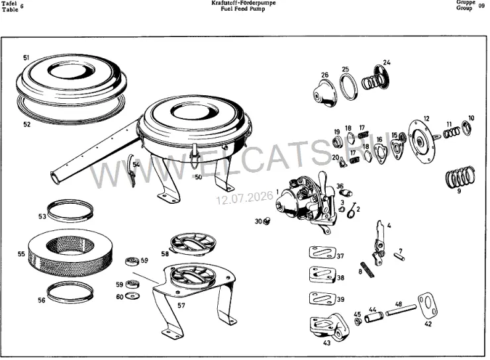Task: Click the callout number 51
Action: (26, 58)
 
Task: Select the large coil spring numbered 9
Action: (460, 177)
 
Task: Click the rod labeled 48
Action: (401, 310)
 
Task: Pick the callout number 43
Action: (326, 343)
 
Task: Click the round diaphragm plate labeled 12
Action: (423, 142)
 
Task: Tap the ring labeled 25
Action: (348, 87)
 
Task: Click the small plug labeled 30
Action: (267, 222)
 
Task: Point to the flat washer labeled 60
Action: (132, 296)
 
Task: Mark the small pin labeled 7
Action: (400, 256)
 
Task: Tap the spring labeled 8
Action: (367, 269)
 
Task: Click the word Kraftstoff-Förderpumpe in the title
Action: (244, 3)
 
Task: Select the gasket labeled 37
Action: (323, 253)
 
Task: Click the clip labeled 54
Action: (132, 170)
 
